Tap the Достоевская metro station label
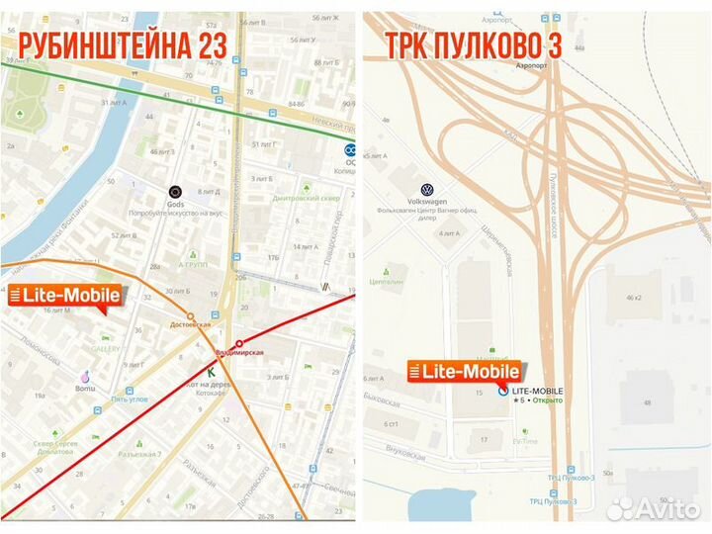click(191, 323)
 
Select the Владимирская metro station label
click(239, 352)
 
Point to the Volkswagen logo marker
click(427, 190)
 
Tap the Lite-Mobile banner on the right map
click(465, 373)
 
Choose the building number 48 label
click(650, 402)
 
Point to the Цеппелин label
click(389, 280)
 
